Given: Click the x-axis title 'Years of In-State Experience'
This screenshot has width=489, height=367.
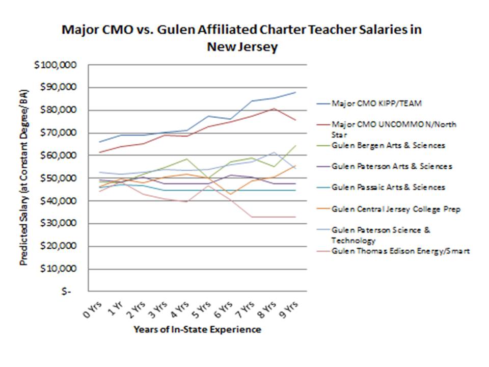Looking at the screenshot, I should pyautogui.click(x=197, y=330).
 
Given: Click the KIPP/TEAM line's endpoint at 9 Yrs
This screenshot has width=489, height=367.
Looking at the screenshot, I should pyautogui.click(x=295, y=92).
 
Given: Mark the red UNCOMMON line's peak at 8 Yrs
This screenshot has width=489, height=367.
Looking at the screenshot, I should pyautogui.click(x=274, y=109).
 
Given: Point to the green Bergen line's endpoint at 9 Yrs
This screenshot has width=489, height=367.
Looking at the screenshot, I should pyautogui.click(x=295, y=145).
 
